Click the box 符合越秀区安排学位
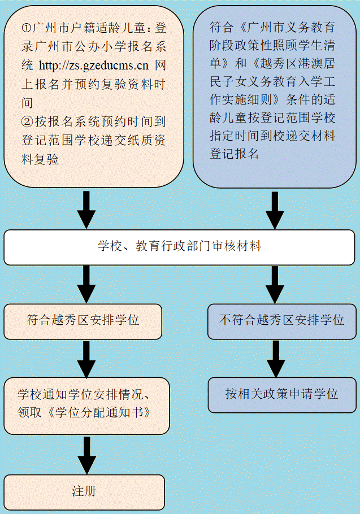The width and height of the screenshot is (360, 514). point(83,320)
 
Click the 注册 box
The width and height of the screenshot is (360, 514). point(84,491)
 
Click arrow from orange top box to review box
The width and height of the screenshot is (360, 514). point(86,210)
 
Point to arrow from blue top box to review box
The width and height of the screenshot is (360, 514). point(275,210)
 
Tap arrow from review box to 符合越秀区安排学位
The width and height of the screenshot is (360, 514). point(86,284)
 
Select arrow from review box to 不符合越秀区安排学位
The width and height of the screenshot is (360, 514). point(275,284)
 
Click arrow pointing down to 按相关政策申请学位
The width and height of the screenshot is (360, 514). point(275,358)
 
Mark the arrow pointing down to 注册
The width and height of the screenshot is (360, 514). point(86,455)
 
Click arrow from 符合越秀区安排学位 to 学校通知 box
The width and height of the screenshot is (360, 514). point(86,358)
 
